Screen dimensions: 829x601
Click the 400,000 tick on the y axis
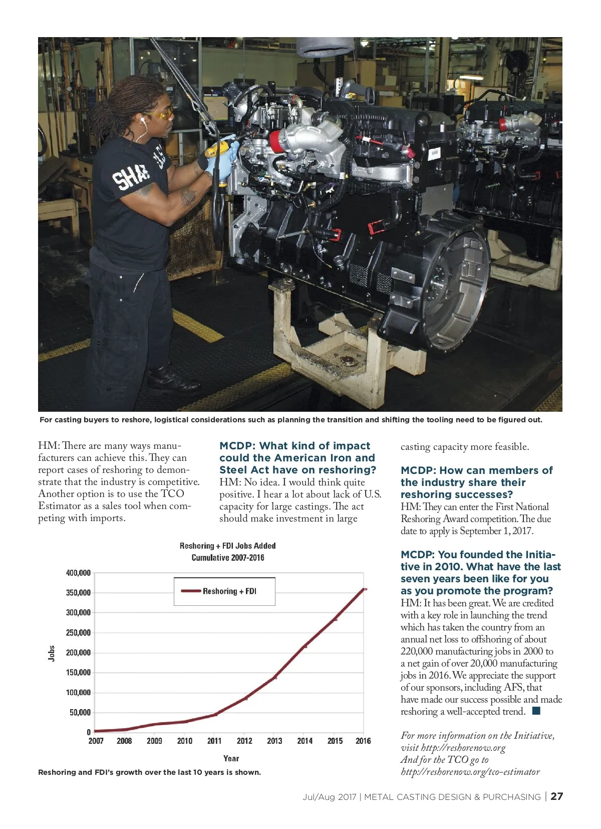click(x=78, y=573)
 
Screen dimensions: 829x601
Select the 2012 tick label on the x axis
click(x=244, y=741)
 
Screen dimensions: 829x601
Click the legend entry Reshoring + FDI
click(x=229, y=591)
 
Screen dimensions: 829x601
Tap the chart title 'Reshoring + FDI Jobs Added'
click(x=227, y=546)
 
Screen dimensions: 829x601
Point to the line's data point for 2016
click(x=364, y=589)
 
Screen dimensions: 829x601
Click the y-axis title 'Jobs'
click(x=52, y=653)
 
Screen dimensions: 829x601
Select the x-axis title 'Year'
click(x=231, y=758)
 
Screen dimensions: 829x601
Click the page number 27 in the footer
click(x=556, y=796)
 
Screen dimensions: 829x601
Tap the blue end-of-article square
click(x=536, y=711)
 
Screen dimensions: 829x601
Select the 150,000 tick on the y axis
click(x=78, y=673)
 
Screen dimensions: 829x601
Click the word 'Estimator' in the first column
click(x=59, y=506)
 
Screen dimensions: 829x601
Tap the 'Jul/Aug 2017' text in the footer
click(x=329, y=797)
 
